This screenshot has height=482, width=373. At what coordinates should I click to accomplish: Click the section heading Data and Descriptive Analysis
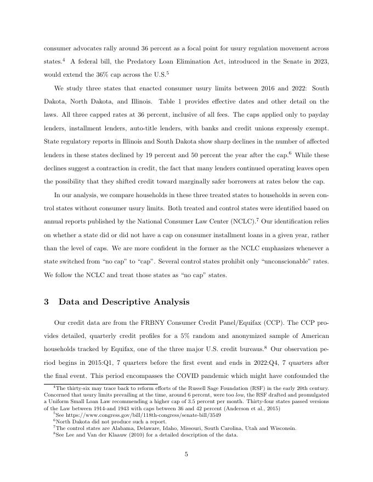(x=124, y=302)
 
